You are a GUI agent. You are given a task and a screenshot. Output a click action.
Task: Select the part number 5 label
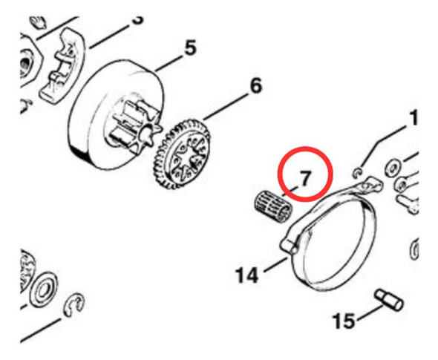[190, 48]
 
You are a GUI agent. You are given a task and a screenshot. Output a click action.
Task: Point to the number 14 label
[246, 276]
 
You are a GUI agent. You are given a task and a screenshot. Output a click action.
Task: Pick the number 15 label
[344, 321]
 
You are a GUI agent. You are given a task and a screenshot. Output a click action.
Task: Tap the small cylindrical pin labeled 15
[390, 300]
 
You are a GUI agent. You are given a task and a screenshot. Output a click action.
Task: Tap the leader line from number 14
[272, 265]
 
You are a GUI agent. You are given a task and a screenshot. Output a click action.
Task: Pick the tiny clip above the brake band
[359, 173]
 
